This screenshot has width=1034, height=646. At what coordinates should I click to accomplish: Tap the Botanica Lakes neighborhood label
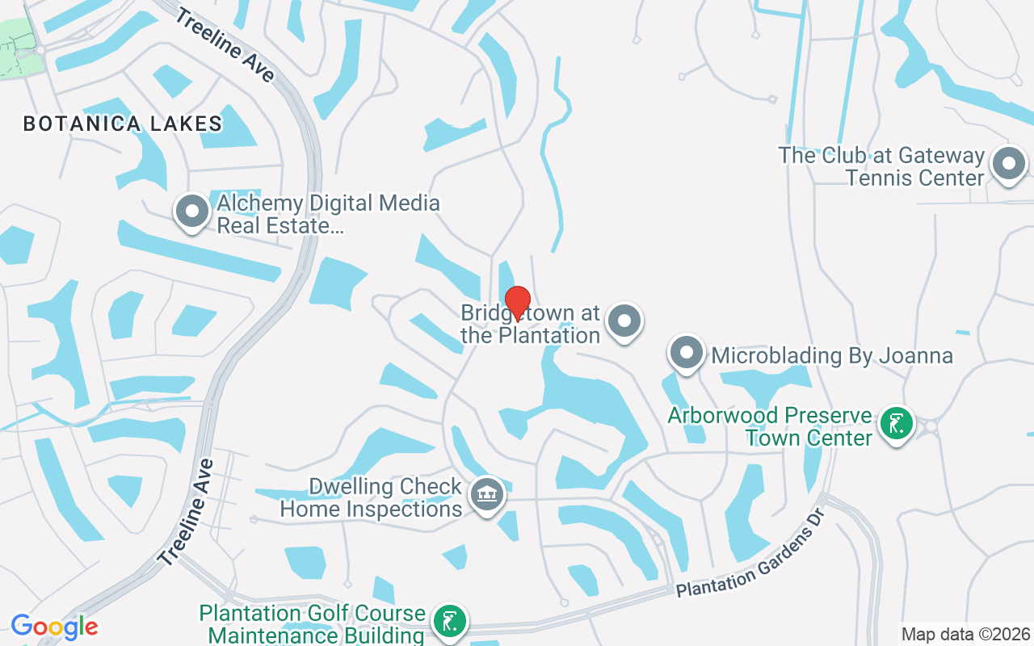coord(123,124)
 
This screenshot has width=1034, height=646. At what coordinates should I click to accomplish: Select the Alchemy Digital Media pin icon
coord(192,212)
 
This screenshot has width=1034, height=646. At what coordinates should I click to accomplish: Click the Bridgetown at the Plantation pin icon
coord(624,321)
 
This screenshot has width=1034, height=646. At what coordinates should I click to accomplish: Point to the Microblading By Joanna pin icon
coord(687,353)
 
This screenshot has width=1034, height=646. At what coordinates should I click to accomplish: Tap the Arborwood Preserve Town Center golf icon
coord(896,424)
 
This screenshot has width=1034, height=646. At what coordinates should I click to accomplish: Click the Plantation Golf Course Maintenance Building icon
coord(449,622)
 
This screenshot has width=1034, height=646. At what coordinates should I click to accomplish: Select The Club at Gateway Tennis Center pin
coord(1007,165)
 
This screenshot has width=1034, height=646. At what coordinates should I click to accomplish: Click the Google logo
coord(55,627)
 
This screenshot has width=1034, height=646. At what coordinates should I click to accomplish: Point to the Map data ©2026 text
coord(965,634)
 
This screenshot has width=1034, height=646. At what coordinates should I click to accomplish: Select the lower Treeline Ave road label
coord(187,512)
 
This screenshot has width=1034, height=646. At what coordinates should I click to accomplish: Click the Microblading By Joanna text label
coord(832,355)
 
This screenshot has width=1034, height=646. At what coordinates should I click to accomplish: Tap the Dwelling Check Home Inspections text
coord(371,497)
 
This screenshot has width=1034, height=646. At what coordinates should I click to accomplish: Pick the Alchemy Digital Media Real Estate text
coord(327,214)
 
